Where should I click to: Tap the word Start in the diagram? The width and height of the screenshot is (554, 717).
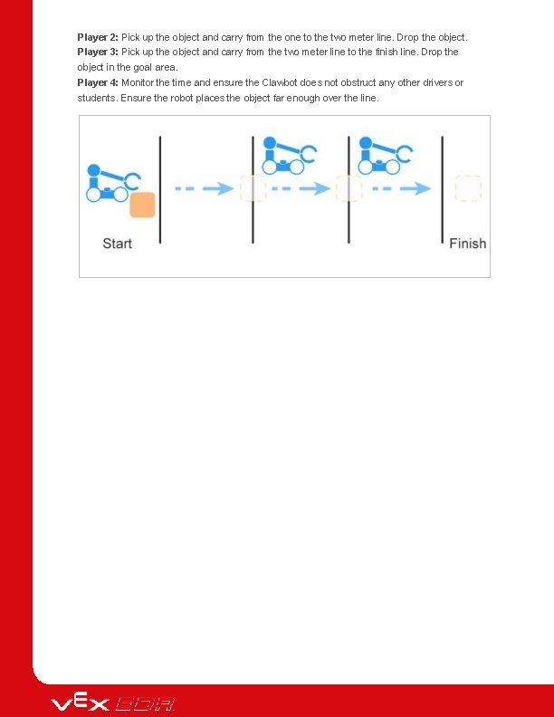(118, 244)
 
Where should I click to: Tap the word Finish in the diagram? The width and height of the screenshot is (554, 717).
(467, 244)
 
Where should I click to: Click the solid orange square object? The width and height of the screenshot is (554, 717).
(142, 205)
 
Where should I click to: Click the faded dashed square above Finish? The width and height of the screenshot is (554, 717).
(467, 188)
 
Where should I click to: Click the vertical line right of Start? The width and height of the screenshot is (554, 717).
(160, 189)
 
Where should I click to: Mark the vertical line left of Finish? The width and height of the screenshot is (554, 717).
(442, 189)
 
